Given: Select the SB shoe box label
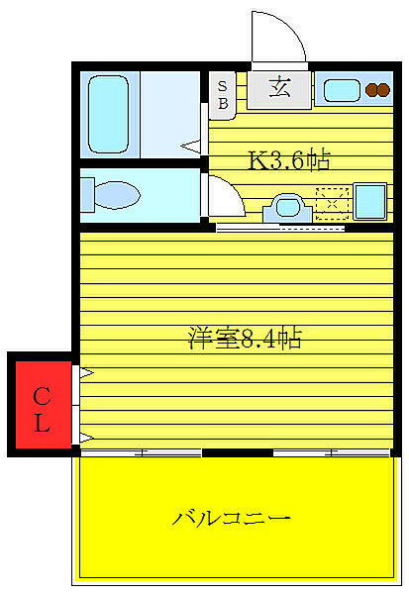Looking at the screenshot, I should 223,94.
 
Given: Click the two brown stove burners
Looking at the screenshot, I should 377,90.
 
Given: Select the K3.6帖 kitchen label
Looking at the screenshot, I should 287,159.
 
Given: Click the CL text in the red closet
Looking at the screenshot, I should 42,410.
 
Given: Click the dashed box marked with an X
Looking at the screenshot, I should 331,201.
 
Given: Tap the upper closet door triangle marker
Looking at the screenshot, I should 86,373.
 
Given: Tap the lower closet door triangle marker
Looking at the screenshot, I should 86,437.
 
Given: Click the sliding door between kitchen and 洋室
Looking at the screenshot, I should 280,228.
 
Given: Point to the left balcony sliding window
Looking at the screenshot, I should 142,452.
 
